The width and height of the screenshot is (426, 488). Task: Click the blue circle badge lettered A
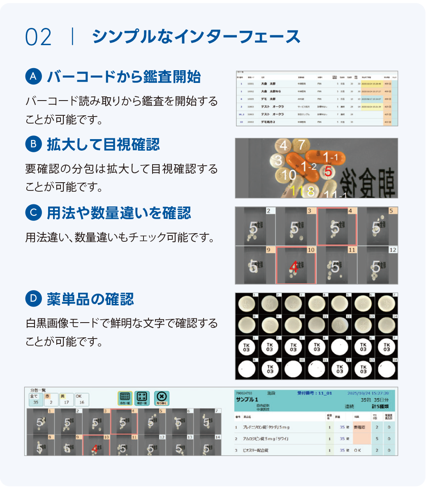click(x=34, y=76)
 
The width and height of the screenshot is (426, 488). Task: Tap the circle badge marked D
click(x=34, y=299)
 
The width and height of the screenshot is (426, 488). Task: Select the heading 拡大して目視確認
click(x=103, y=145)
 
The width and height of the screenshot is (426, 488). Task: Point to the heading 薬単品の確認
click(x=90, y=299)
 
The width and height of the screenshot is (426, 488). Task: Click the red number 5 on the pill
click(x=328, y=172)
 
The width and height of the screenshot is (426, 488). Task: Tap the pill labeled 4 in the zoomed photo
click(x=283, y=146)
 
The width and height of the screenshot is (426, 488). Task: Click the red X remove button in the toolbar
click(x=162, y=398)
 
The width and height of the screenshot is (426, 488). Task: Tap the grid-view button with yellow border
click(x=125, y=398)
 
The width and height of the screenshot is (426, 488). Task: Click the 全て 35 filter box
click(x=35, y=399)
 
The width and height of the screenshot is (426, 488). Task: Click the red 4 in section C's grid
click(x=293, y=267)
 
